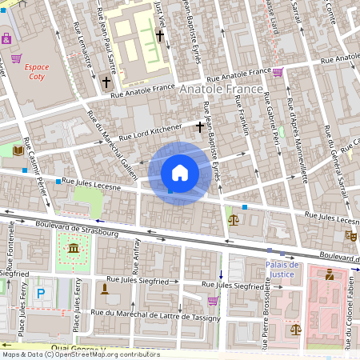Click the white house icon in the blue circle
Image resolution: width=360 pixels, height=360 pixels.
[180, 173]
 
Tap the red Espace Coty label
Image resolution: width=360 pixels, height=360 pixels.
[37, 72]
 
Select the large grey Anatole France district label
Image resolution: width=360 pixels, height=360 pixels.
[221, 90]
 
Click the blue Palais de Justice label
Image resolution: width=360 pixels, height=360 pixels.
[282, 270]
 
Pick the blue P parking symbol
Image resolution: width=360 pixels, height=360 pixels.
[41, 294]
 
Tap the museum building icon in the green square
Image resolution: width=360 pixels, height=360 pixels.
[74, 248]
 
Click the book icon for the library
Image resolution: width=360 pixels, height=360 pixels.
[18, 150]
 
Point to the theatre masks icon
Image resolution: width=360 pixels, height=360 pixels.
[350, 236]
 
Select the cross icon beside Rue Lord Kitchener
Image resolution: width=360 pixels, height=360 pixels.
[200, 126]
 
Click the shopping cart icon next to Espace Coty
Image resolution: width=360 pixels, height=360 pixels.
[16, 58]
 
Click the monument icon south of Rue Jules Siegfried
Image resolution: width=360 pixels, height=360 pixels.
[104, 288]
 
